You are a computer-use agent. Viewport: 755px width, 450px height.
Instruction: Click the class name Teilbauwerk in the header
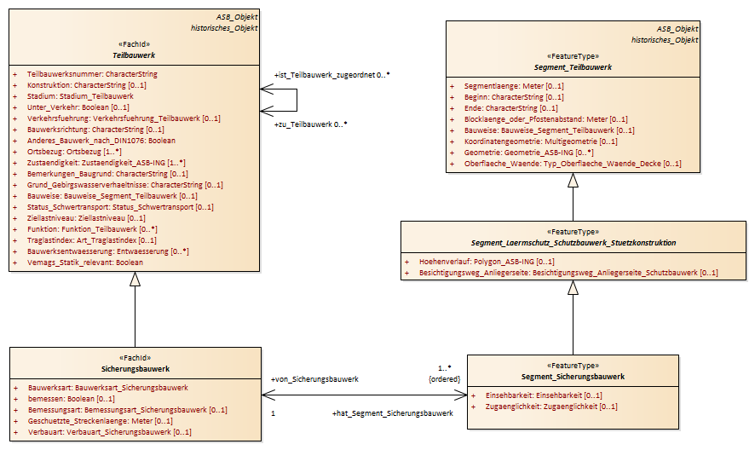tap(134, 55)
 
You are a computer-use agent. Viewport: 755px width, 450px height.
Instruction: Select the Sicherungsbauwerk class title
tap(135, 369)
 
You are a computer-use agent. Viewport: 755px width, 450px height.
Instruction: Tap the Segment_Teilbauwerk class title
tap(573, 67)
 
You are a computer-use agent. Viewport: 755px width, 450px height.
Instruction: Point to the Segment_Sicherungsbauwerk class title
tap(573, 377)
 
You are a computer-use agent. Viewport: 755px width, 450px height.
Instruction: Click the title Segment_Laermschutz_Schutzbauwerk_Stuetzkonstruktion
tap(573, 243)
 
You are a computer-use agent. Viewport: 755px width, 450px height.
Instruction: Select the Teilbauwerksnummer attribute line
tap(92, 74)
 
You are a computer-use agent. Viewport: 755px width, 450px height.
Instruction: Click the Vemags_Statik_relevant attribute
tap(84, 262)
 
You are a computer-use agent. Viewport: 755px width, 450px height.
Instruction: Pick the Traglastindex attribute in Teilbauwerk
tap(91, 240)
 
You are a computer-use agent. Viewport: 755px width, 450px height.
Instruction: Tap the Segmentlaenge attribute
tap(514, 86)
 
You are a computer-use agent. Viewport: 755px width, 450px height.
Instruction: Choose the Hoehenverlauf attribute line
tap(487, 262)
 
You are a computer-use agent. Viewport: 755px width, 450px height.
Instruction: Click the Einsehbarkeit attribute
tap(544, 395)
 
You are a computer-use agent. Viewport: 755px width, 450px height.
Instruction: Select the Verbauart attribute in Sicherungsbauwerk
tap(109, 432)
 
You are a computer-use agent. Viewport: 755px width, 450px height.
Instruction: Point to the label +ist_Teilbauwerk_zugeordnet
tap(325, 75)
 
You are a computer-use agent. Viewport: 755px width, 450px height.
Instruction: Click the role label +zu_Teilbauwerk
tap(303, 124)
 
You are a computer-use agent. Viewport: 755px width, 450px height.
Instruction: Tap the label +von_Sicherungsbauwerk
tap(315, 379)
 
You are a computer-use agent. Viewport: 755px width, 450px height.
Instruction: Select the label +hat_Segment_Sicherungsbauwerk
tap(393, 413)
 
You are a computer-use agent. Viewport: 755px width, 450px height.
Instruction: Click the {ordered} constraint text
tap(445, 379)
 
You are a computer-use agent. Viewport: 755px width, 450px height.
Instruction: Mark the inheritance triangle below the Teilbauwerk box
tap(135, 280)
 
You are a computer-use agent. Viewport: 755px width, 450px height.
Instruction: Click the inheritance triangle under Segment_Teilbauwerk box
tap(573, 180)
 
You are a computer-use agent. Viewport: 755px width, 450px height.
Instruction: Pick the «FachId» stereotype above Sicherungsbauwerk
tap(135, 358)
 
